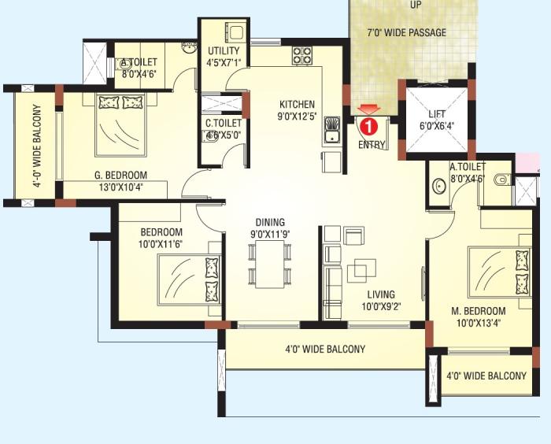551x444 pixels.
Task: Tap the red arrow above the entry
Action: click(x=368, y=109)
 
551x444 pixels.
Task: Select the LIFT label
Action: click(x=437, y=114)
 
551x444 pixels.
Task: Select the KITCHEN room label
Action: click(x=297, y=104)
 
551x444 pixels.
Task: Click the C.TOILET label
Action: click(x=224, y=123)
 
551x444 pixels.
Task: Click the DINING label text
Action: click(x=269, y=222)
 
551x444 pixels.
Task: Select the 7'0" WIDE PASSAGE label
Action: click(x=406, y=32)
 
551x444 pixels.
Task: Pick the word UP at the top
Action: click(x=415, y=5)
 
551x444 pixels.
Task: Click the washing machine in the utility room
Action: click(x=234, y=32)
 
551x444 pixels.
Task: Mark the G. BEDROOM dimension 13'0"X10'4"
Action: click(x=116, y=189)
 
